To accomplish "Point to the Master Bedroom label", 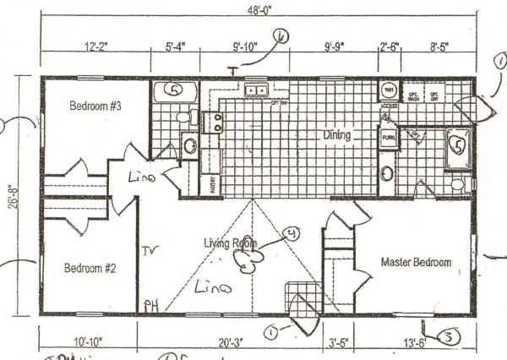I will point(416,262).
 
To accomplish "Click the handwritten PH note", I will point(151,306).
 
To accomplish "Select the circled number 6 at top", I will point(281,36).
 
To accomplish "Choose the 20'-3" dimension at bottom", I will point(225,342).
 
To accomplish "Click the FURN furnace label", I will point(390,136).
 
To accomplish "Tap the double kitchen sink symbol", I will point(258,90).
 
